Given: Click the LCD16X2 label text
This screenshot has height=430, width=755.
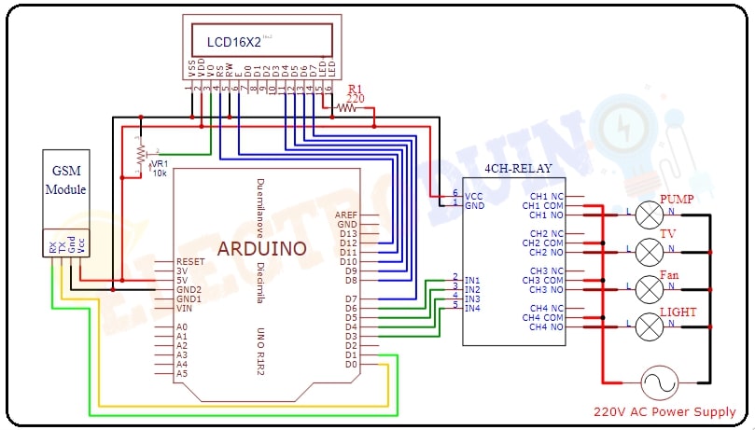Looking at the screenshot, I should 233,41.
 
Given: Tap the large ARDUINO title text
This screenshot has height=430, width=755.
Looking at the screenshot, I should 260,248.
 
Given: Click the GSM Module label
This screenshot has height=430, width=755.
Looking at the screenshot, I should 68,180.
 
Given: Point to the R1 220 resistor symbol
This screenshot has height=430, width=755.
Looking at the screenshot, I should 347,107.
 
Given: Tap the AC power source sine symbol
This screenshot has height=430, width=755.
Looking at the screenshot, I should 657,381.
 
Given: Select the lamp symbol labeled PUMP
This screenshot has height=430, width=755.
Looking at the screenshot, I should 649,215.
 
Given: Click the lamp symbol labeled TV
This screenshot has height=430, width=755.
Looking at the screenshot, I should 649,251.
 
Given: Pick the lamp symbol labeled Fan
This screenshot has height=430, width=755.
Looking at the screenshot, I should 649,288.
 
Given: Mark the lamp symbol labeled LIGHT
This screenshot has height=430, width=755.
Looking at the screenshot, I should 649,326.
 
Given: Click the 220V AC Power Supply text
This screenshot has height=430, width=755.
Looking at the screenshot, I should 664,411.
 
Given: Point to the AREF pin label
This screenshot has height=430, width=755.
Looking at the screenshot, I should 345,215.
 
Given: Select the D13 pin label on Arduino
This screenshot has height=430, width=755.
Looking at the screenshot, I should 347,233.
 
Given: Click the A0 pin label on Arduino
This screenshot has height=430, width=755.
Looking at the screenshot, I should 181,327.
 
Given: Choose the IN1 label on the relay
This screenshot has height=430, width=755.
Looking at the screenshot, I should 472,280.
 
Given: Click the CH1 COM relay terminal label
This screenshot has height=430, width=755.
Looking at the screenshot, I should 543,206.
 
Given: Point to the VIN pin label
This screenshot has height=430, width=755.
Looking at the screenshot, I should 184,308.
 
